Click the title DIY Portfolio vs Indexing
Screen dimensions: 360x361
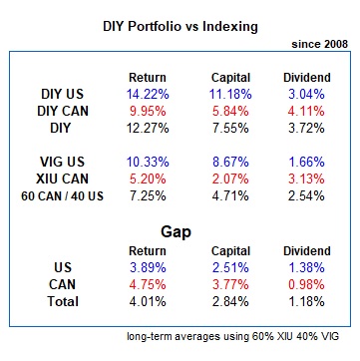[x=180, y=27]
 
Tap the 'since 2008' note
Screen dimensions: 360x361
[x=320, y=44]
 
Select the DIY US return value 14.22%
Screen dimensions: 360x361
[x=148, y=95]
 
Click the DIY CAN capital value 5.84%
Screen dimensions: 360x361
[x=230, y=112]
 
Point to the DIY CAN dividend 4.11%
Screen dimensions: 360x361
[x=306, y=112]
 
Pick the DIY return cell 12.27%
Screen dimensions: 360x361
[x=148, y=129]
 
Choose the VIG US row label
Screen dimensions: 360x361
[x=62, y=163]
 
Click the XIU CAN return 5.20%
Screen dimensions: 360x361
[x=148, y=180]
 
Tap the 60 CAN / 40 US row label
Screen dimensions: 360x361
[x=62, y=196]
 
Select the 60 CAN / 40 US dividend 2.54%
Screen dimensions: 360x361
[x=306, y=196]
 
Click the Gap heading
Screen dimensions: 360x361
[x=176, y=232]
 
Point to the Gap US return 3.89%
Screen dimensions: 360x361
[x=148, y=267]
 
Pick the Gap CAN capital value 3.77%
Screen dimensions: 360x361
[x=230, y=284]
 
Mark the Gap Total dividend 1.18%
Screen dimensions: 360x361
[x=306, y=301]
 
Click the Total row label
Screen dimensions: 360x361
[x=63, y=301]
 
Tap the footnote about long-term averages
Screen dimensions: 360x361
[x=233, y=336]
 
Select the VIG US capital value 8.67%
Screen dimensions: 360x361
[x=230, y=163]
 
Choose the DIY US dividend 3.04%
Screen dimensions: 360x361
[x=306, y=95]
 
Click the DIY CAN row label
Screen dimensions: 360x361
[x=63, y=112]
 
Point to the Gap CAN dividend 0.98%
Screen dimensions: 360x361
[x=306, y=284]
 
